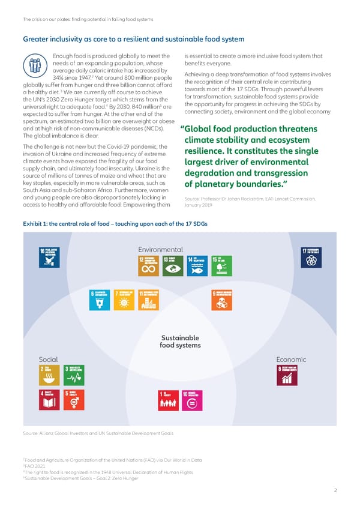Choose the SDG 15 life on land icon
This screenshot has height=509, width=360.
point(220,267)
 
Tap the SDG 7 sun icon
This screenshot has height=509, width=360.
point(124,301)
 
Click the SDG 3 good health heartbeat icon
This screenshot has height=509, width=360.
point(74,375)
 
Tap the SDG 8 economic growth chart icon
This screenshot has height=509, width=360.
point(286,375)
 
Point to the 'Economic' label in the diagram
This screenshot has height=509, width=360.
point(291,359)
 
